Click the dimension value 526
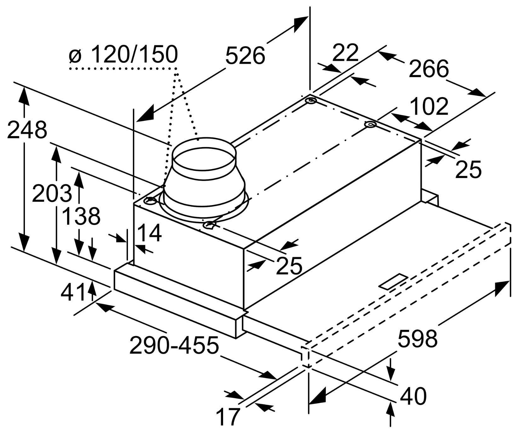click(x=245, y=55)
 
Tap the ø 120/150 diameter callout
click(x=123, y=54)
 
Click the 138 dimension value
click(x=81, y=216)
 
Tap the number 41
click(x=73, y=292)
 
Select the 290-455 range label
click(x=174, y=345)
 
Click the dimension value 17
click(x=228, y=417)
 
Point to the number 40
click(x=413, y=396)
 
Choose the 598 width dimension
click(x=417, y=339)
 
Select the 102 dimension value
click(x=429, y=106)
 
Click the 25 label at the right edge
click(x=469, y=169)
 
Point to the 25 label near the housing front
click(x=289, y=265)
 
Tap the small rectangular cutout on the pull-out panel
click(x=394, y=281)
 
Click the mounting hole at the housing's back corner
click(x=311, y=101)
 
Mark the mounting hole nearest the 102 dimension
click(x=370, y=125)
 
